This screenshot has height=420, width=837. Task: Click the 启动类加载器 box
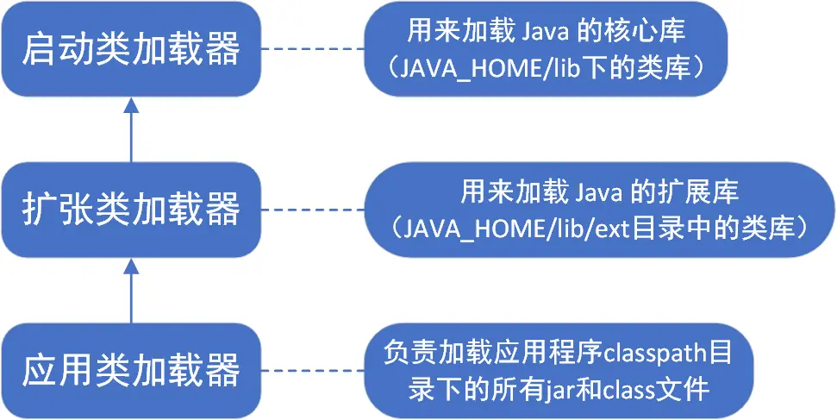pos(130,48)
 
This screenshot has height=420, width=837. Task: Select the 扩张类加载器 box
pos(130,208)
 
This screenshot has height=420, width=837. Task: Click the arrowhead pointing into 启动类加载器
pos(130,104)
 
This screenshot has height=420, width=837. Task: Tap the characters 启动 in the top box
pos(49,49)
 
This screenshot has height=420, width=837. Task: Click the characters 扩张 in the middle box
pos(49,209)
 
